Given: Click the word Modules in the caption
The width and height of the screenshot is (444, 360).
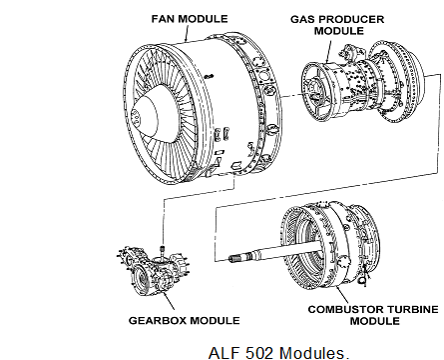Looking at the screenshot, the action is click(314, 353).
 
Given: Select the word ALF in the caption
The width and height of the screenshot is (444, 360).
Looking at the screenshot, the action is click(225, 353).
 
